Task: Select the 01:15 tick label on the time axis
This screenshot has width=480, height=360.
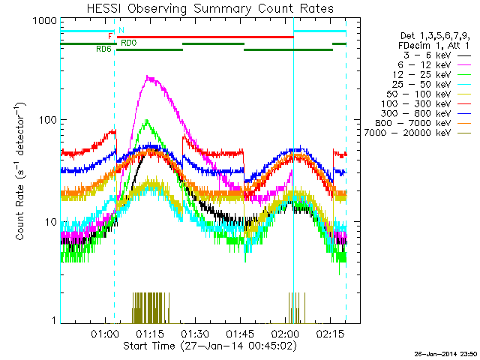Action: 149,332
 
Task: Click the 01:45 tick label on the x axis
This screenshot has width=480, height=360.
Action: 240,332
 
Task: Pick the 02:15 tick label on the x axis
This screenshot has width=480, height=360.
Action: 331,332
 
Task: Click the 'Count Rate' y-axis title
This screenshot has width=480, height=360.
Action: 21,173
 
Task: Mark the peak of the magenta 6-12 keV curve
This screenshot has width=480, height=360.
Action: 150,76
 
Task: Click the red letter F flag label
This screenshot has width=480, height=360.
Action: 110,36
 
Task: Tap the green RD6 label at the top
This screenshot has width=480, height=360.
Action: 103,49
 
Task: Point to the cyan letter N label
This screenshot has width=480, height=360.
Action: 121,29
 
